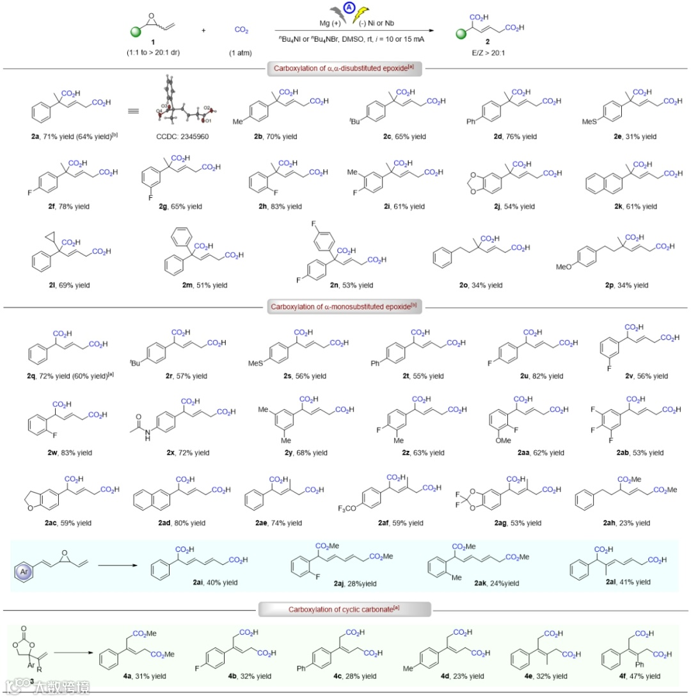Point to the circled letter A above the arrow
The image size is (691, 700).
(x=349, y=8)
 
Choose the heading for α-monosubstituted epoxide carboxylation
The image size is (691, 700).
(x=345, y=307)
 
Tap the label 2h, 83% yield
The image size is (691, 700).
(x=279, y=207)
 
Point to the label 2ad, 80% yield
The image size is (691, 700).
(x=182, y=523)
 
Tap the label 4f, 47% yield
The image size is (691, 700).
(x=634, y=676)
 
